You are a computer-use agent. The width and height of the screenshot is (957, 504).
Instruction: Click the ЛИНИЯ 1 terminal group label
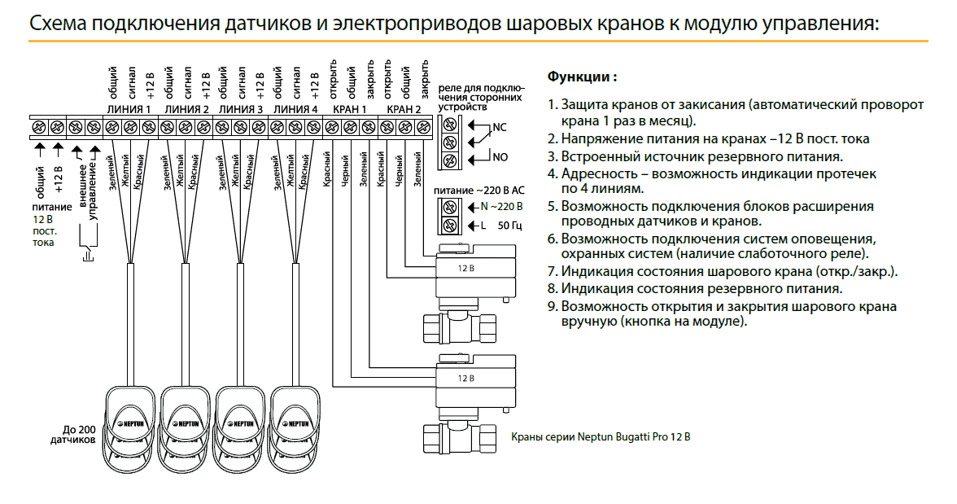(x=129, y=108)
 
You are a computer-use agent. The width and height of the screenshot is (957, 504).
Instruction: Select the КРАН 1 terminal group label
(x=349, y=108)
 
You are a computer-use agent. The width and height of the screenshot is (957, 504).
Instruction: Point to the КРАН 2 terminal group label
(x=404, y=108)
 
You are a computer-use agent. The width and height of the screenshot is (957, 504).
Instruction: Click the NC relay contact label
(x=499, y=128)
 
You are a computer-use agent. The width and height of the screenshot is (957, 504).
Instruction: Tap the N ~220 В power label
(x=501, y=206)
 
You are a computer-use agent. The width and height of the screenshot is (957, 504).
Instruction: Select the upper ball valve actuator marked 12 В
(x=476, y=269)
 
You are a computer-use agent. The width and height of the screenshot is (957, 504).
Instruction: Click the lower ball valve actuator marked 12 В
(x=476, y=379)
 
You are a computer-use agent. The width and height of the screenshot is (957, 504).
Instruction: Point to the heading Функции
(x=581, y=77)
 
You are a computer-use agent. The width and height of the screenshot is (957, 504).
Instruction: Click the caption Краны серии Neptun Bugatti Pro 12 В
(x=600, y=437)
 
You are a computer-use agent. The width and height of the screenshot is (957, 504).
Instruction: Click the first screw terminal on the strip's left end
(x=38, y=128)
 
